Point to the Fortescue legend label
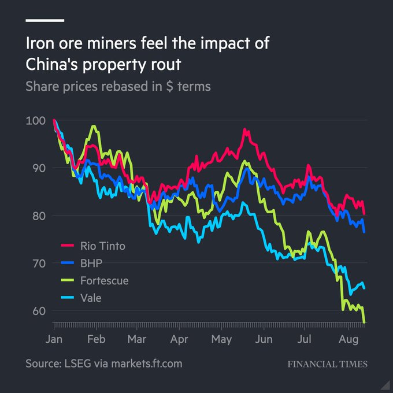(x=103, y=281)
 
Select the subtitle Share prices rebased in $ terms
(x=118, y=87)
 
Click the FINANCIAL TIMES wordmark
(x=327, y=364)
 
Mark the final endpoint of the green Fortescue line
(x=365, y=322)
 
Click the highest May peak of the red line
(x=245, y=129)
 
